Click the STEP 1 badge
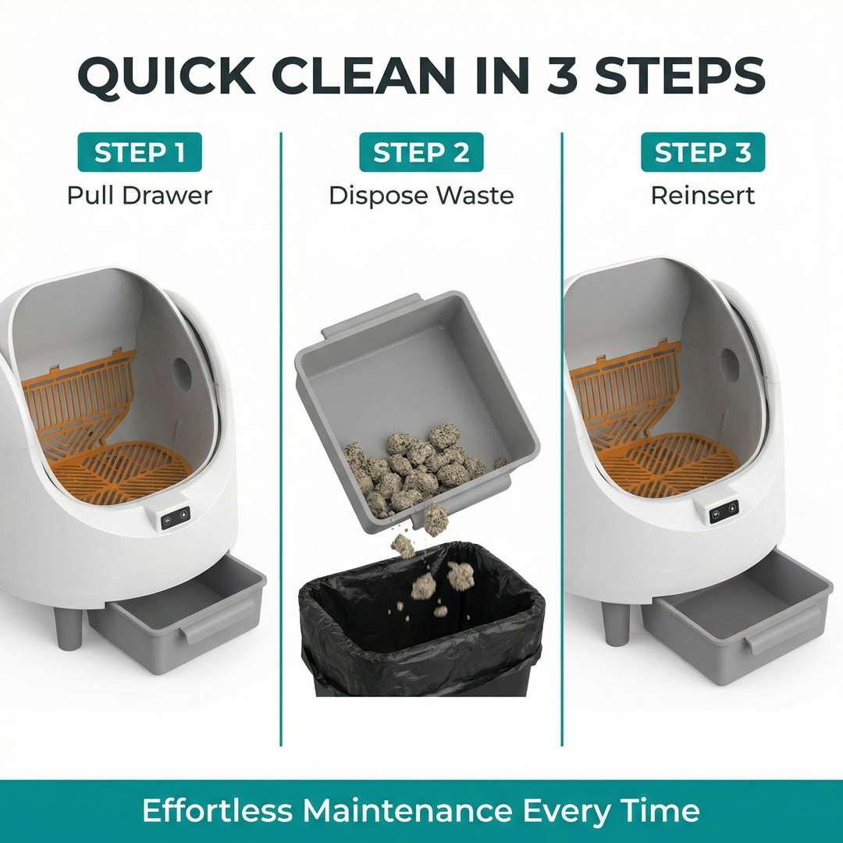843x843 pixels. (140, 152)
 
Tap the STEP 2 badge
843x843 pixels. (421, 152)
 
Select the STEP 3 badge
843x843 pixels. (702, 152)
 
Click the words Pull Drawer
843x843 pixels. (140, 194)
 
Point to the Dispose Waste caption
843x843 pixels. (421, 195)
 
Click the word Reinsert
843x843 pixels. (702, 194)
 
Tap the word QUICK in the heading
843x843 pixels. (166, 75)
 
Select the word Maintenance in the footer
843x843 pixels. (407, 809)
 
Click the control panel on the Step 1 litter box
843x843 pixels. (176, 517)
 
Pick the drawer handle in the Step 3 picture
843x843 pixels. (782, 630)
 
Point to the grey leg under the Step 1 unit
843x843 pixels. (68, 628)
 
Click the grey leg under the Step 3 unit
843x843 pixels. (615, 624)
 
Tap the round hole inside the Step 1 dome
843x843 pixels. (182, 374)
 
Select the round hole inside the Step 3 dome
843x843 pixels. (730, 365)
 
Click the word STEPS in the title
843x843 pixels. (680, 74)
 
